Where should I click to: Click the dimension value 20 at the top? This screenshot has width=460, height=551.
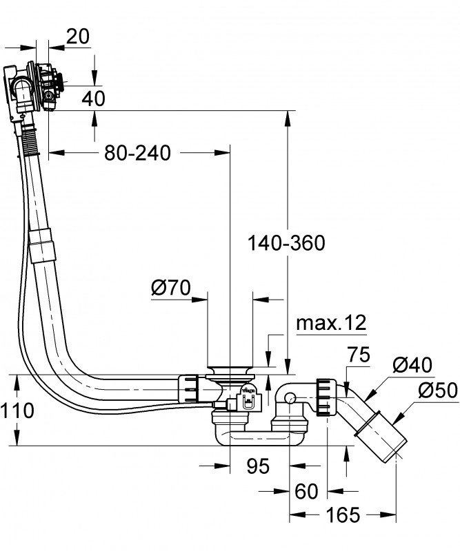pos(78,37)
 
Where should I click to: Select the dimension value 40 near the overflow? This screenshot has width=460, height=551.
pos(93,98)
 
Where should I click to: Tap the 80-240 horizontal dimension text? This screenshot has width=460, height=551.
pos(137,153)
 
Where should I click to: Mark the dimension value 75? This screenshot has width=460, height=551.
pos(358,355)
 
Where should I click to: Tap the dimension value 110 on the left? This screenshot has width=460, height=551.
pos(17,411)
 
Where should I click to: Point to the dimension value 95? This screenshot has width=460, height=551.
pos(257,468)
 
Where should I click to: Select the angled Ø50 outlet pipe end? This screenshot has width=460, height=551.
pos(386,441)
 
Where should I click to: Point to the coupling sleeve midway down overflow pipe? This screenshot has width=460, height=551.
pos(41,245)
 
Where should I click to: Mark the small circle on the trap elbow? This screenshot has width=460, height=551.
pos(290,397)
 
